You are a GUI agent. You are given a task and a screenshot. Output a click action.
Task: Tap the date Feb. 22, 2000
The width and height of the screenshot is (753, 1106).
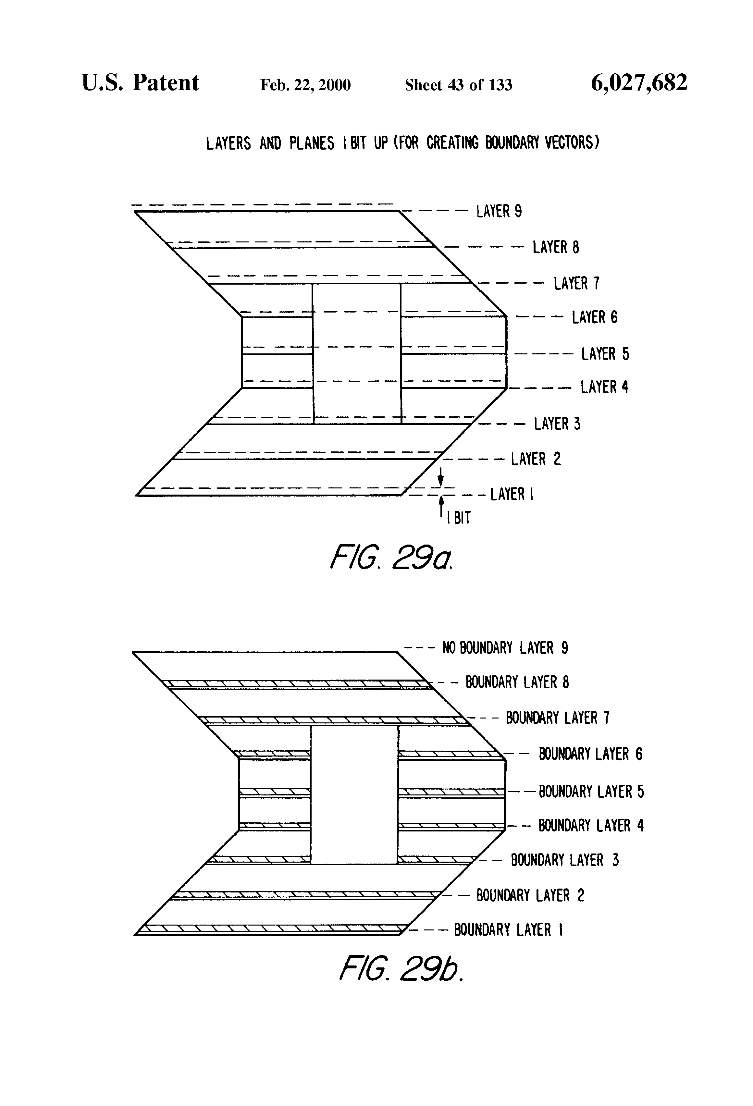tap(305, 85)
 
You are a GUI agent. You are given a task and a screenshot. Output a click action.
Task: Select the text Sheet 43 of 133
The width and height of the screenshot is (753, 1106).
tap(458, 85)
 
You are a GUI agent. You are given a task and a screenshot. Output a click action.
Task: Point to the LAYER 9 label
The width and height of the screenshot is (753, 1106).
tap(499, 211)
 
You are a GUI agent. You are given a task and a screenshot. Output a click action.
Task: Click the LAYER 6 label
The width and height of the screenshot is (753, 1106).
tap(595, 317)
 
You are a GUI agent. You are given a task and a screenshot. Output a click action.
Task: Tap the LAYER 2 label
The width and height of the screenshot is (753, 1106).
tap(536, 459)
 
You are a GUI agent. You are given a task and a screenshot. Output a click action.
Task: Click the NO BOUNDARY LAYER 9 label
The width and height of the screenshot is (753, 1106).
tap(505, 648)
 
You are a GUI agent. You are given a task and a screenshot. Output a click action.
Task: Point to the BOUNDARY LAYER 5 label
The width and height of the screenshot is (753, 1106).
tap(591, 792)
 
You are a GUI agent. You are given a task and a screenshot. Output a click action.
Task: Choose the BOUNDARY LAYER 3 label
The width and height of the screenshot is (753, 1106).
tap(564, 860)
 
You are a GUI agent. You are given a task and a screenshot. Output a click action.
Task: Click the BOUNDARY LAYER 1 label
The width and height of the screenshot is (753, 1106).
tap(508, 930)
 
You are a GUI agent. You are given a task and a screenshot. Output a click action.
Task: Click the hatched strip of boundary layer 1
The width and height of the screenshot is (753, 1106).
tap(271, 928)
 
